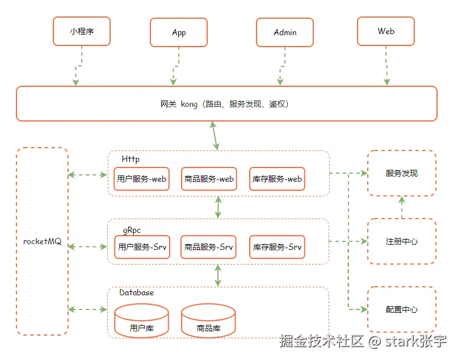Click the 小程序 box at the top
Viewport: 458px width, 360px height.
tap(81, 31)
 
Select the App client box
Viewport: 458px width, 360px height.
tap(179, 32)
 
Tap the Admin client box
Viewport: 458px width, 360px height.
tap(285, 32)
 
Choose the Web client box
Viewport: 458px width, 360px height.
tap(386, 31)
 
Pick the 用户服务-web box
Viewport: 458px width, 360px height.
tap(141, 179)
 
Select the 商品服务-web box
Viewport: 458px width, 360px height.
tap(209, 179)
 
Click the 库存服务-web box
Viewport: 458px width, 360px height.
tap(277, 179)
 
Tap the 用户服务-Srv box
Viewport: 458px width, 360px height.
tap(142, 247)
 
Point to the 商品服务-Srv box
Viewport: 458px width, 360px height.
tap(209, 247)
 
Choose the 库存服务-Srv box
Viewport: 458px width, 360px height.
tap(277, 247)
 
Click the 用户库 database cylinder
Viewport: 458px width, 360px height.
tap(141, 321)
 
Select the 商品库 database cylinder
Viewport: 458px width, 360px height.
tap(208, 321)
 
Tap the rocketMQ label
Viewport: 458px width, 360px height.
tap(42, 241)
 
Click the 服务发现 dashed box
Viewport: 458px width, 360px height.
tap(402, 173)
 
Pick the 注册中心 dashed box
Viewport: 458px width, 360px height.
tap(402, 241)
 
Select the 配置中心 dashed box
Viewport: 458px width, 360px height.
tap(402, 309)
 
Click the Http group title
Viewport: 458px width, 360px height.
tap(131, 159)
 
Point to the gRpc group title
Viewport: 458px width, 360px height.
tap(132, 230)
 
